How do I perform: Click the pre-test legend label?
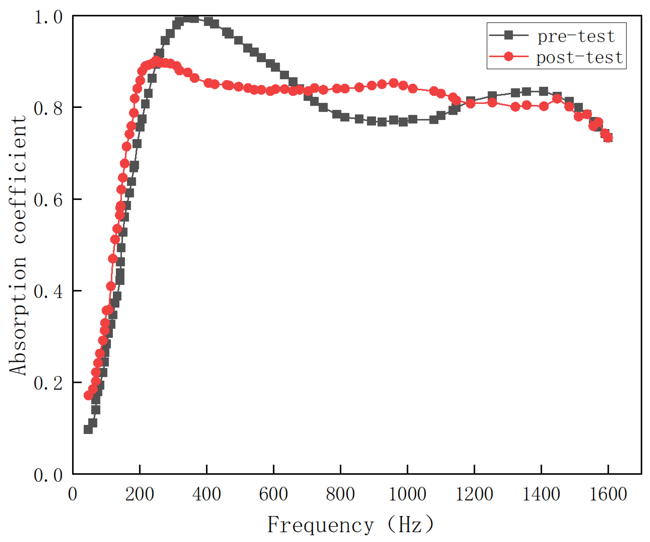(x=576, y=36)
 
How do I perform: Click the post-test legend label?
(x=579, y=58)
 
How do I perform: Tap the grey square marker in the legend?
(x=509, y=35)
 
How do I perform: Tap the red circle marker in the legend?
(x=509, y=56)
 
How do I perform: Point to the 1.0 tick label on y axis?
(x=48, y=17)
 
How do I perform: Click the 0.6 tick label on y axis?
(x=48, y=200)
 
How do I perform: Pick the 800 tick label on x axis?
(x=340, y=494)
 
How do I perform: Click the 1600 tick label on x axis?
(x=608, y=494)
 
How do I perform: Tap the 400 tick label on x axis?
(x=207, y=494)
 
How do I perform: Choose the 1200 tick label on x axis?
(x=474, y=494)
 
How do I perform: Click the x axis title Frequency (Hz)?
(x=351, y=525)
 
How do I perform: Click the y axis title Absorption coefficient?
(x=18, y=245)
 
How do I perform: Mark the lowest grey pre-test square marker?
(x=88, y=429)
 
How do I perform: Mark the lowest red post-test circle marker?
(x=89, y=395)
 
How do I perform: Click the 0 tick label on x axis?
(x=72, y=494)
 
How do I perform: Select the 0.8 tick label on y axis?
(x=48, y=108)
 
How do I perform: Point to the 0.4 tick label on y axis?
(x=48, y=291)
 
